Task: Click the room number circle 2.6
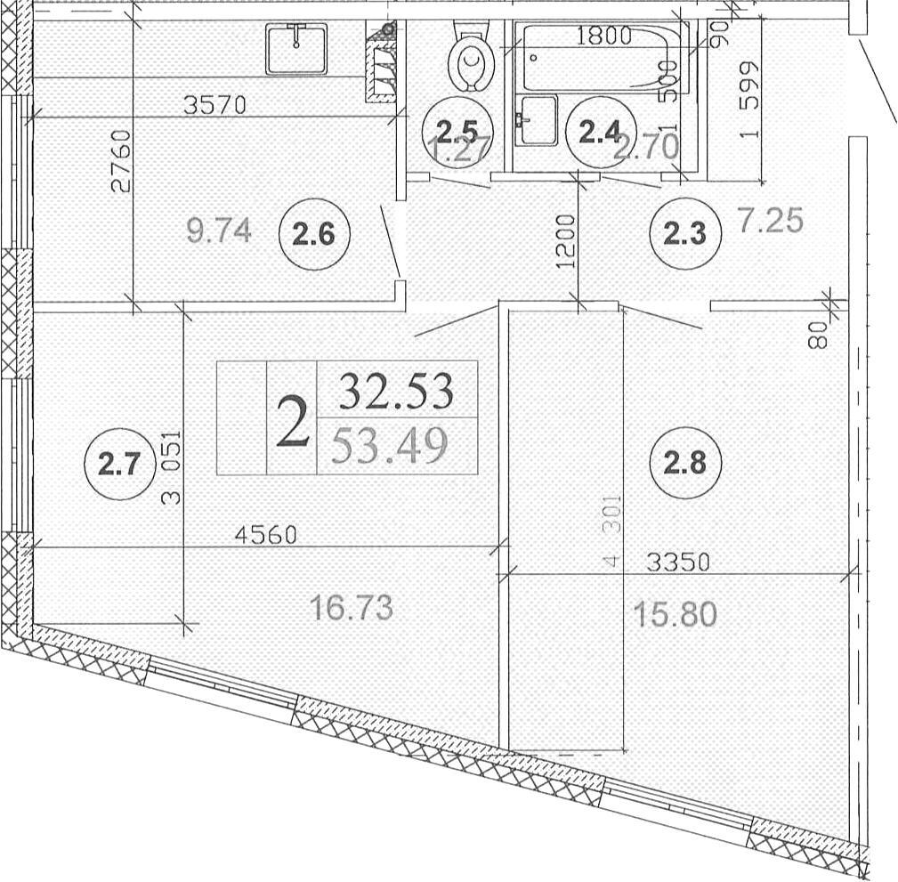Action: pyautogui.click(x=314, y=236)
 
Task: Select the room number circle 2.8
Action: pyautogui.click(x=684, y=464)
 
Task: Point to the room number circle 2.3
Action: pyautogui.click(x=684, y=234)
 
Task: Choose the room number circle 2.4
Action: pyautogui.click(x=599, y=134)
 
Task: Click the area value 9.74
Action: pyautogui.click(x=219, y=231)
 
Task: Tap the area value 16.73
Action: pyautogui.click(x=351, y=609)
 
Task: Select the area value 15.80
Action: pyautogui.click(x=676, y=614)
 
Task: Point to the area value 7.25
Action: pyautogui.click(x=771, y=219)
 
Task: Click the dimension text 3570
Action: pyautogui.click(x=214, y=105)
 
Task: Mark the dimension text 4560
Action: pyautogui.click(x=266, y=535)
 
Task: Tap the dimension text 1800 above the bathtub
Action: pyautogui.click(x=603, y=36)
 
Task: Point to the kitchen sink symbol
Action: pyautogui.click(x=296, y=49)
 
